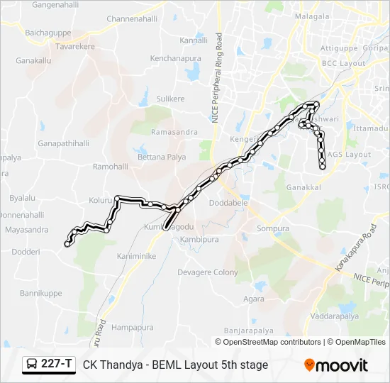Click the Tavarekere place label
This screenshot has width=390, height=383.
75,46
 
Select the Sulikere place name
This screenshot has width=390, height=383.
170,99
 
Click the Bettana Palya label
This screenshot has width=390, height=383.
161,155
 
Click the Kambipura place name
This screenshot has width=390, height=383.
199,240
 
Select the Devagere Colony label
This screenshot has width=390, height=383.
207,272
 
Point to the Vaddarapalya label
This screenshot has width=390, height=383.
334,316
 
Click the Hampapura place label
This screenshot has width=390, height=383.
133,328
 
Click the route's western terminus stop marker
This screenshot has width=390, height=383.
67,243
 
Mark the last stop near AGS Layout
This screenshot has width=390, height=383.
323,168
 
